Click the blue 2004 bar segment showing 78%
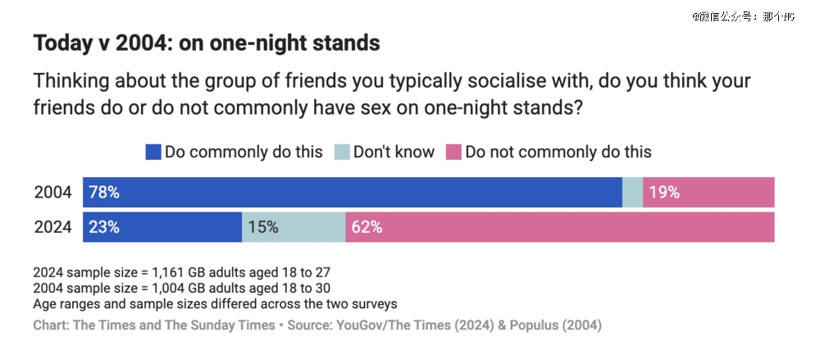(353, 193)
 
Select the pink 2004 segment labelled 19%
(709, 193)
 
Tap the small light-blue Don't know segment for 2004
(632, 193)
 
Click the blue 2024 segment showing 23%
(162, 227)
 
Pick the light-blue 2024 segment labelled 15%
(294, 227)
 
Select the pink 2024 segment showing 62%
(560, 227)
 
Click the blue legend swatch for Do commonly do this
(153, 152)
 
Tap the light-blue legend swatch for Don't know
(341, 152)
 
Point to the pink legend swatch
(453, 152)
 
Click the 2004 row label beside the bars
(53, 193)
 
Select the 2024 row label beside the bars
(53, 227)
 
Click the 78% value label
(104, 193)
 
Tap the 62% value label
(367, 227)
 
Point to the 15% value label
(262, 227)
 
